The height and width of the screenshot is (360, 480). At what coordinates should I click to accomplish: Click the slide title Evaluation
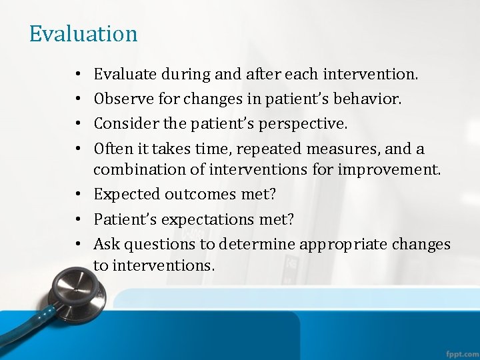click(83, 33)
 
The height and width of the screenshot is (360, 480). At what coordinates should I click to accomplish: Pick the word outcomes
click(193, 195)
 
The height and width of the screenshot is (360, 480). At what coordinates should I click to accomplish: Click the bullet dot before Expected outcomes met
click(79, 195)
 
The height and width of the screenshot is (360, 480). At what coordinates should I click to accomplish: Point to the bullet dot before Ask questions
click(79, 245)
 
